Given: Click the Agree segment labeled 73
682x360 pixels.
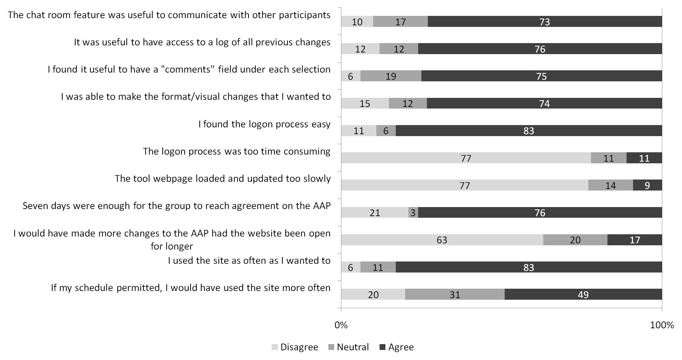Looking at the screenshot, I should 545,22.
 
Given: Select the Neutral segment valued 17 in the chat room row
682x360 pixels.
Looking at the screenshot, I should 400,22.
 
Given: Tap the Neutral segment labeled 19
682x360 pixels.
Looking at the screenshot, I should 391,76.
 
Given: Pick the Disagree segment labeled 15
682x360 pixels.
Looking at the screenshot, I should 365,103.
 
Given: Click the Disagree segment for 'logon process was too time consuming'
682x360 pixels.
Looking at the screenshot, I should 466,158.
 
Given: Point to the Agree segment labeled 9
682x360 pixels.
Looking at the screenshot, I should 647,185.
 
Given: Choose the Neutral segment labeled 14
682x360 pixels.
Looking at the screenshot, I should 610,185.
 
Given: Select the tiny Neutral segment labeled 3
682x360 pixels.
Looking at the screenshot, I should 413,213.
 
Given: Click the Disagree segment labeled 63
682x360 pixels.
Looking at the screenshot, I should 442,240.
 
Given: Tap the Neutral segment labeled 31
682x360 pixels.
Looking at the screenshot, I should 455,295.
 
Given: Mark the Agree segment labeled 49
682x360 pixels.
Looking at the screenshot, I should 583,295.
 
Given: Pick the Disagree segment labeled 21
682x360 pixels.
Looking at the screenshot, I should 375,213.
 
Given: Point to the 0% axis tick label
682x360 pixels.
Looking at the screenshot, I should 341,325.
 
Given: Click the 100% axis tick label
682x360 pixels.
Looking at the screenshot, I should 662,325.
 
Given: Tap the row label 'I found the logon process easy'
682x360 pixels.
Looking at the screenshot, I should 264,124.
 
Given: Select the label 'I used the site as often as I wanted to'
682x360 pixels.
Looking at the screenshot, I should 249,261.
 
